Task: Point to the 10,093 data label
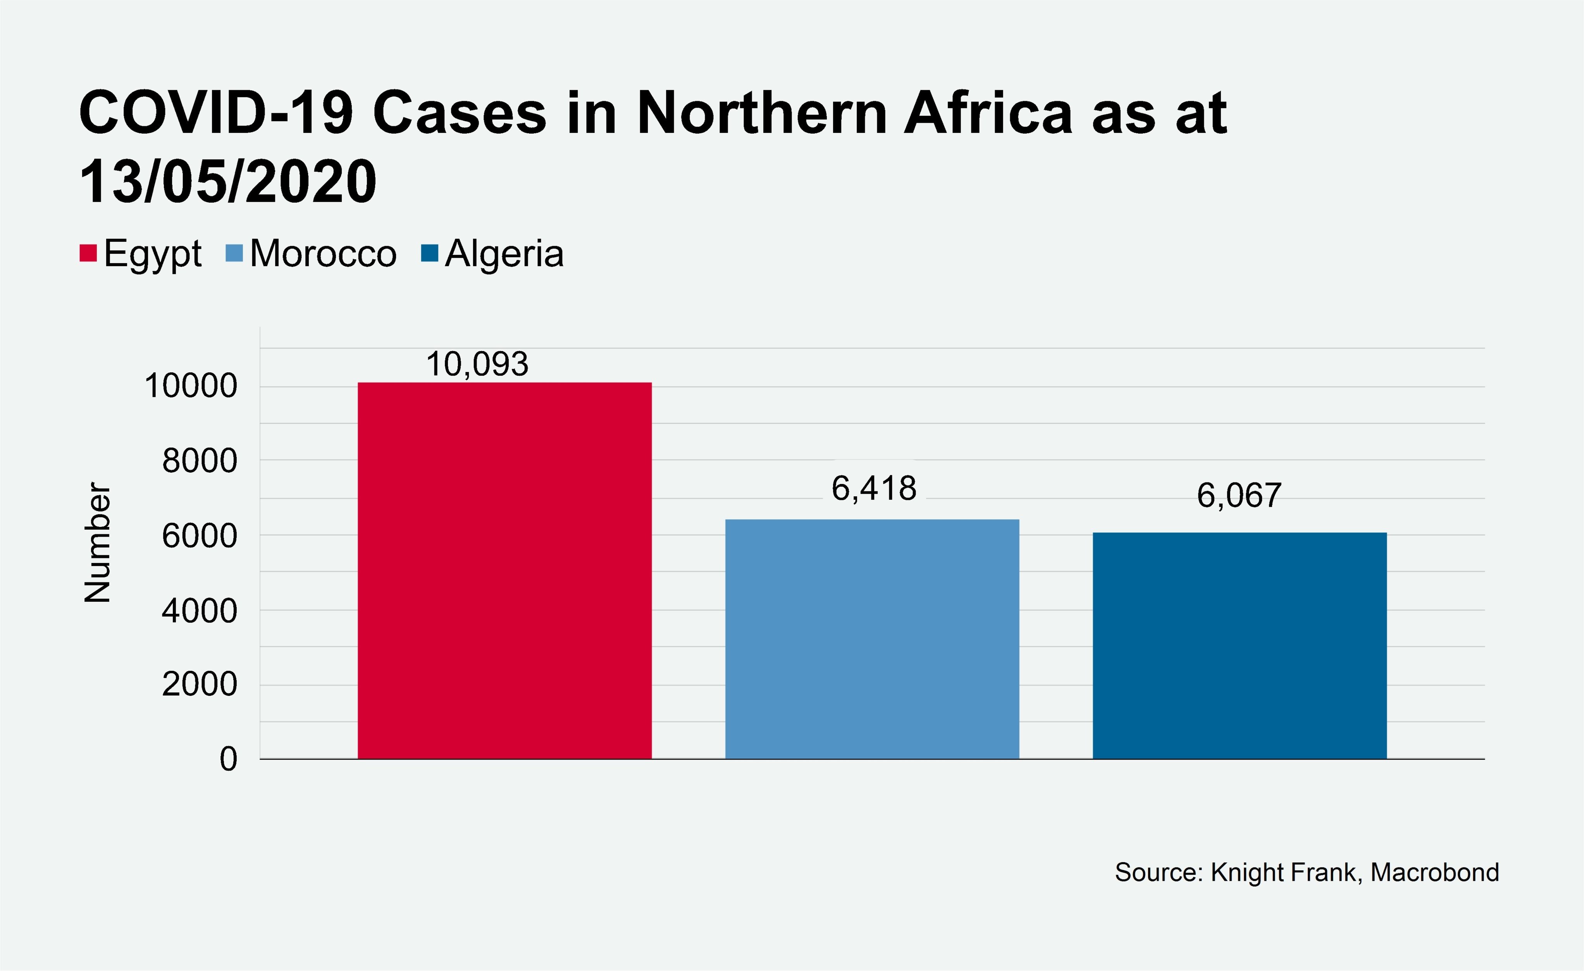[477, 365]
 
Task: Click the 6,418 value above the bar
[874, 489]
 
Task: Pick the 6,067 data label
[1239, 496]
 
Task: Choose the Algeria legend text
[504, 253]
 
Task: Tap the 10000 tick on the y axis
[191, 386]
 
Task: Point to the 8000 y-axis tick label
[199, 461]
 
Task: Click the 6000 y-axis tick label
[199, 535]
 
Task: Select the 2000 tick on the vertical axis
[199, 684]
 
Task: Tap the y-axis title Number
[98, 542]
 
